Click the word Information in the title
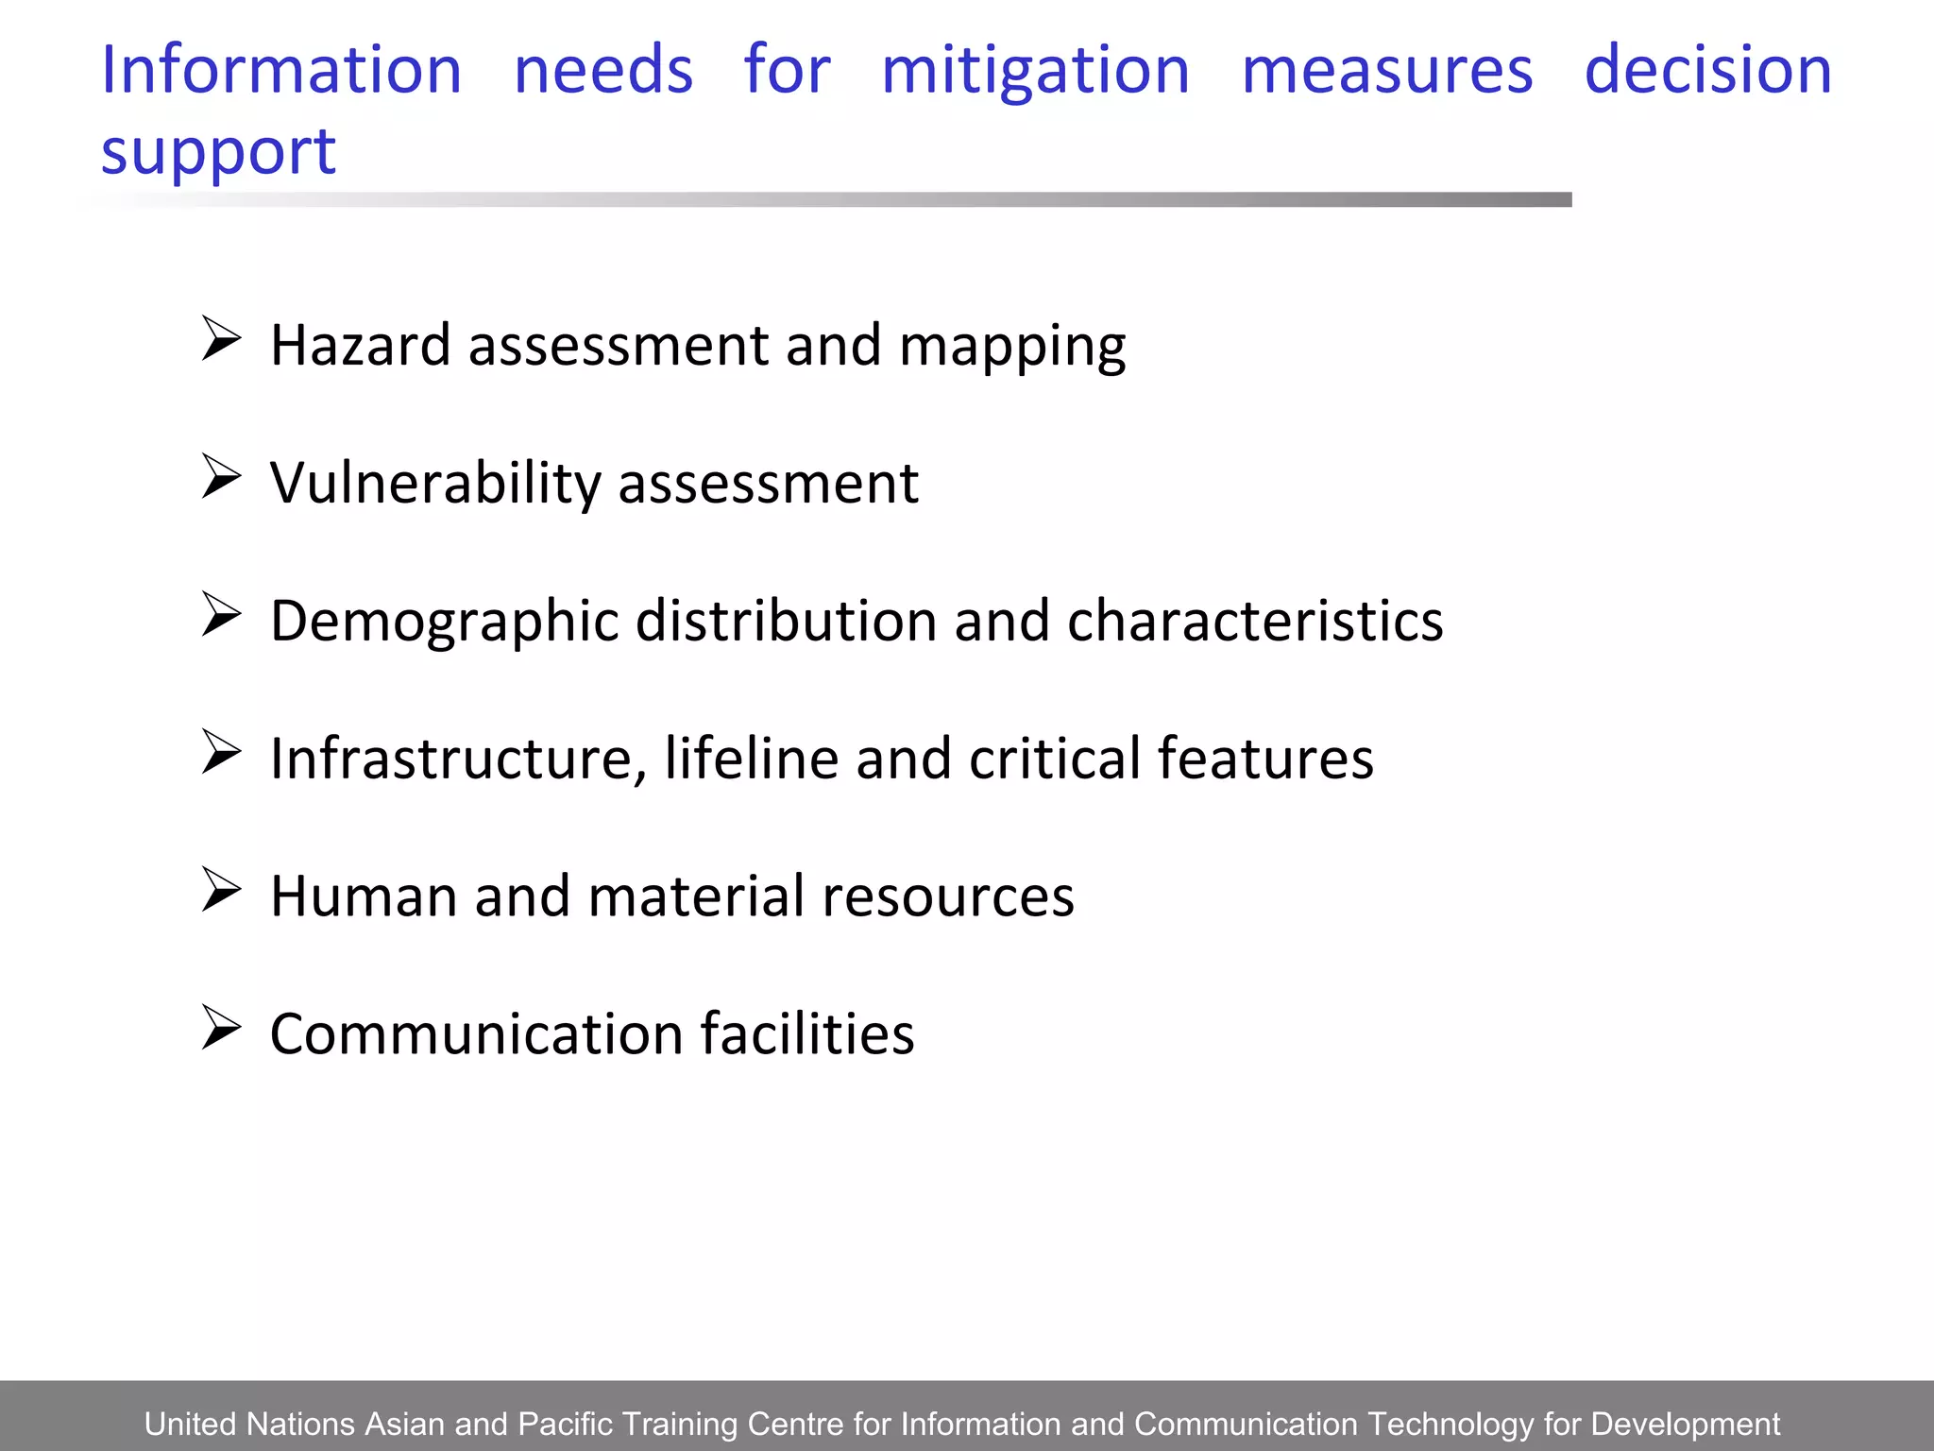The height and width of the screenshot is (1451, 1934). tap(280, 71)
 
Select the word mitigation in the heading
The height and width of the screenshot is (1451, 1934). tap(1035, 71)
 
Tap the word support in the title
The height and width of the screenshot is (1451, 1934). tap(218, 152)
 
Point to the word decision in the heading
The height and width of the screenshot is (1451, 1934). tap(1707, 71)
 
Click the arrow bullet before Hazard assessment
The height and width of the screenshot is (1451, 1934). tap(221, 339)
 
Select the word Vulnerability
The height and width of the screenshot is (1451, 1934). tap(435, 484)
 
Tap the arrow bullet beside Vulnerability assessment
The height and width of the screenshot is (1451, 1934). tap(221, 477)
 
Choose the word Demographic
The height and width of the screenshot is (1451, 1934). tap(444, 622)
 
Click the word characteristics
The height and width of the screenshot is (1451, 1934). tap(1254, 622)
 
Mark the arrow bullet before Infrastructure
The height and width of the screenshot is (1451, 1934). tap(221, 753)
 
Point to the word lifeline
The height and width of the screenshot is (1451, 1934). tap(751, 759)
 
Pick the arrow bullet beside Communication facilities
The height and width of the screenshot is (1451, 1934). tap(221, 1028)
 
